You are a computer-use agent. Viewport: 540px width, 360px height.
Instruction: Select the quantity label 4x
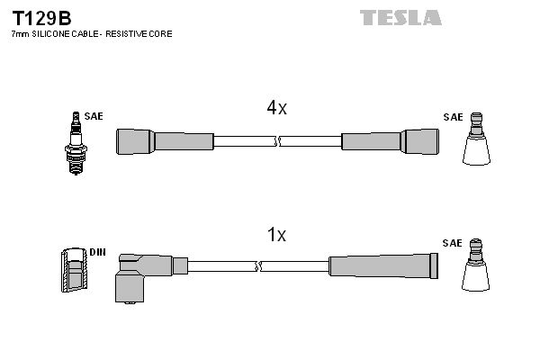pyautogui.click(x=276, y=108)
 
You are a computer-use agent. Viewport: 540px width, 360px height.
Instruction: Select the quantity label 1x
pyautogui.click(x=277, y=236)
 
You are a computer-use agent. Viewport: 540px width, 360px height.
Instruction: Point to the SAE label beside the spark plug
pyautogui.click(x=94, y=117)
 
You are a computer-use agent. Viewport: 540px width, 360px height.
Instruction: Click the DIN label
pyautogui.click(x=97, y=252)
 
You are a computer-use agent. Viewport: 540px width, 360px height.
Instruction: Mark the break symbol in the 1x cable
pyautogui.click(x=259, y=265)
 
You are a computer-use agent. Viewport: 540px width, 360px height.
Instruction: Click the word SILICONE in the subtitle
pyautogui.click(x=51, y=33)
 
